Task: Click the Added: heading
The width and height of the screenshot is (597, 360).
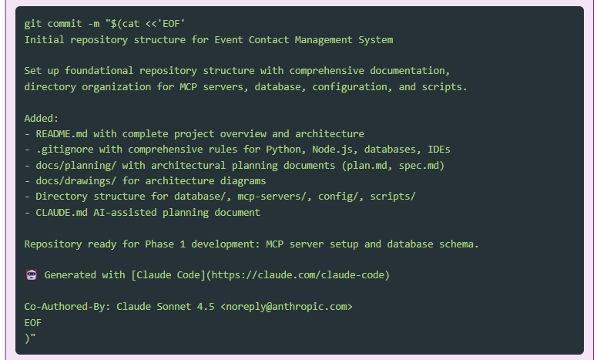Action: pos(42,118)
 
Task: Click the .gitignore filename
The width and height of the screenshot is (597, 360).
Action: pos(65,149)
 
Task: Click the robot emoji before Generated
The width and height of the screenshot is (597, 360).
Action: pos(31,274)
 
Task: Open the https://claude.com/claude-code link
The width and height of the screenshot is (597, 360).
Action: pos(298,274)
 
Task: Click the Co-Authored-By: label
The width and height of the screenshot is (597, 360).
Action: pos(67,306)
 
